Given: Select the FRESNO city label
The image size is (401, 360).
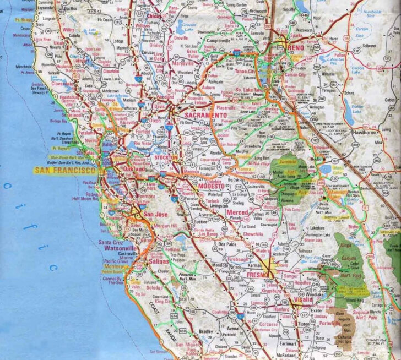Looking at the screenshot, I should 257,274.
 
